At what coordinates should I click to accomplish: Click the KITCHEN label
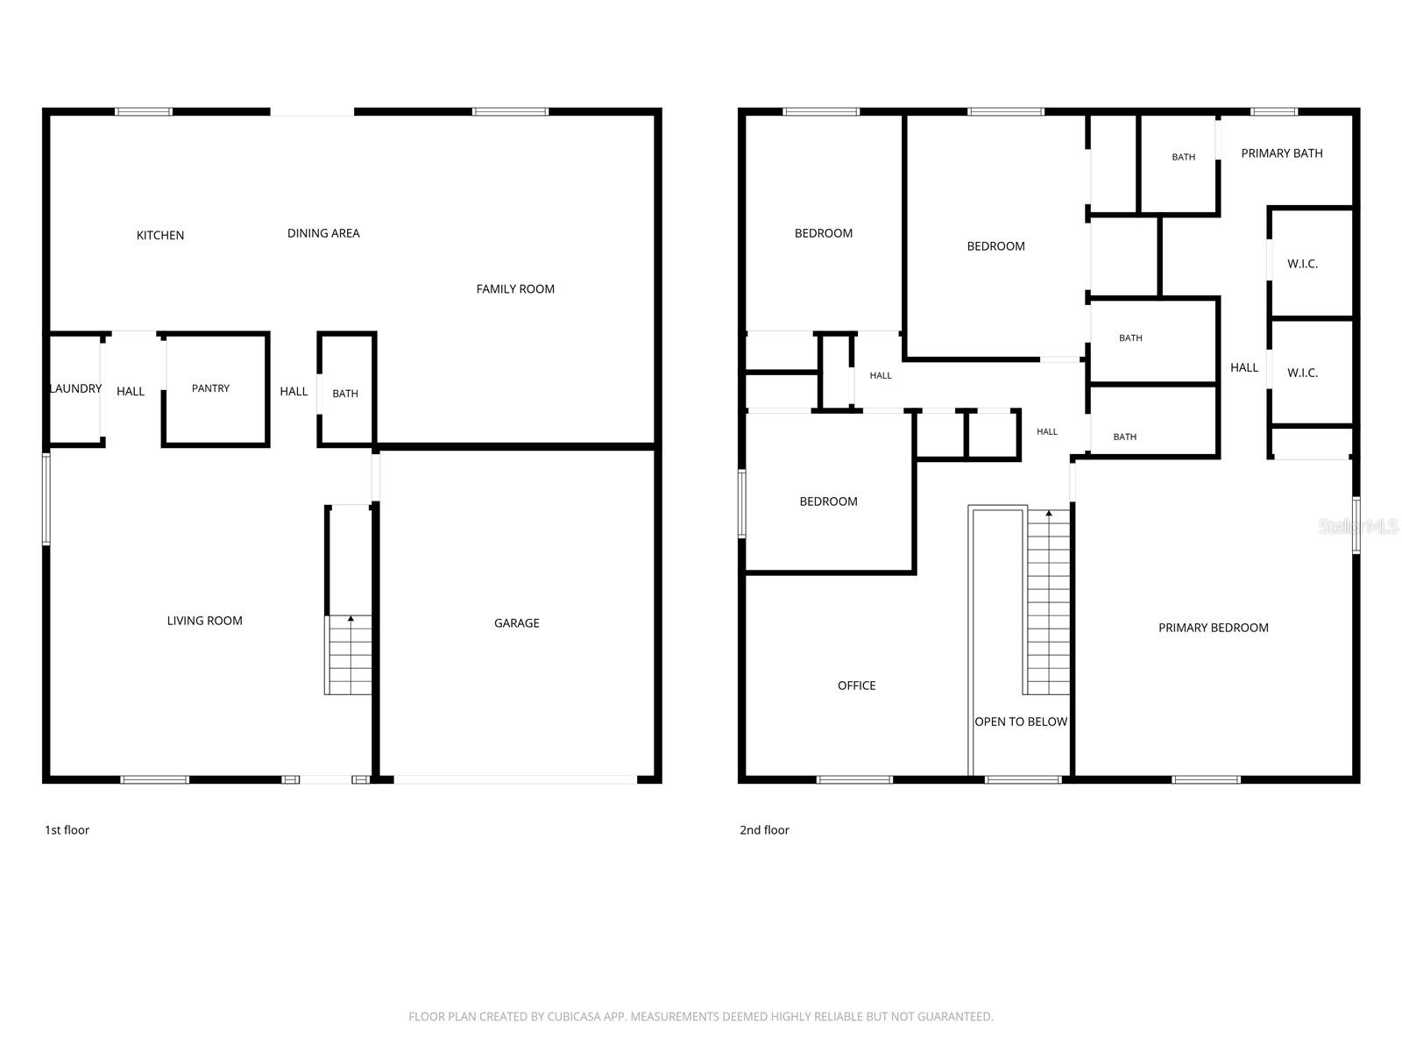(159, 235)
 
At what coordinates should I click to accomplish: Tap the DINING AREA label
(323, 233)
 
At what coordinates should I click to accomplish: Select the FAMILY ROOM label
(515, 288)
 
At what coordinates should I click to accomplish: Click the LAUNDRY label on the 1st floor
(76, 388)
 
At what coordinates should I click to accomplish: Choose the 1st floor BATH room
(345, 394)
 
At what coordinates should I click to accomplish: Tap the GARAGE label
(516, 622)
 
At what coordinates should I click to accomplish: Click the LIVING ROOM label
(204, 620)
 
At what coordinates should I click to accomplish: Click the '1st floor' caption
(67, 829)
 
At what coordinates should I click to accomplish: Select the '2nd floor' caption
(764, 829)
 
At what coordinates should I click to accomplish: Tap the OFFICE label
(856, 686)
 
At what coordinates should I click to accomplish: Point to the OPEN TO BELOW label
(1020, 721)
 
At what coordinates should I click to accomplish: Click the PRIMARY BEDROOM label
(1213, 627)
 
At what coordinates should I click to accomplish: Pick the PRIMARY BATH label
(1281, 153)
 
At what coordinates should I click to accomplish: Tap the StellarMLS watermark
(1358, 526)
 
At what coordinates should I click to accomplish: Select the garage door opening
(515, 779)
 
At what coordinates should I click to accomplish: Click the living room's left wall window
(46, 499)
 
